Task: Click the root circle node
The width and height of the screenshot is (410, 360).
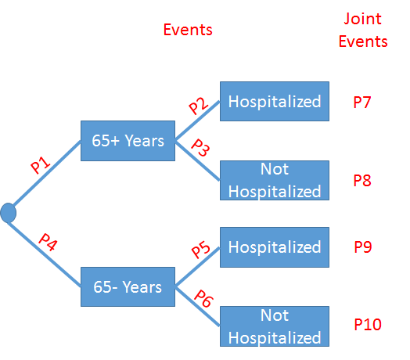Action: (9, 211)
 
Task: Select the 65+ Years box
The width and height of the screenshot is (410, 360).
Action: (128, 141)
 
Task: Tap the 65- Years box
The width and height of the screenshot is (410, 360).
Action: (128, 286)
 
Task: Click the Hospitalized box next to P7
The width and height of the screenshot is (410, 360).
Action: (274, 101)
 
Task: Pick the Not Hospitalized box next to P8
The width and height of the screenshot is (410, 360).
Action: (274, 180)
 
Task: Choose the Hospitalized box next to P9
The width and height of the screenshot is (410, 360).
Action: (274, 247)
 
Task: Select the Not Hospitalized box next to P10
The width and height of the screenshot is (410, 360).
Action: (274, 326)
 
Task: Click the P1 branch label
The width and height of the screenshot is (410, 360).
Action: (41, 165)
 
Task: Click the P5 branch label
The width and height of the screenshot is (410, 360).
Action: (201, 250)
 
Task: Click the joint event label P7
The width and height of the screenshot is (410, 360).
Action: (361, 103)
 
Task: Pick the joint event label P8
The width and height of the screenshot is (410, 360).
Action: (361, 181)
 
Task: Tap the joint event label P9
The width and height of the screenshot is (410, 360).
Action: (361, 247)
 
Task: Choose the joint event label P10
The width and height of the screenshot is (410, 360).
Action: (367, 323)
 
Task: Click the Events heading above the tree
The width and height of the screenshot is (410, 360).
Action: (188, 30)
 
